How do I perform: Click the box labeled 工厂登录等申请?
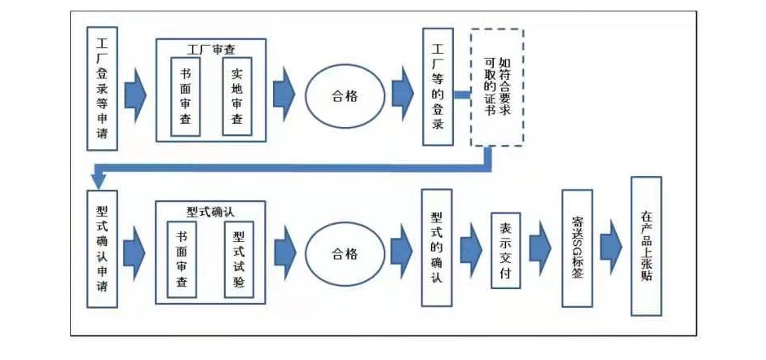pyautogui.click(x=102, y=89)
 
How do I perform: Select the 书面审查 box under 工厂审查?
pyautogui.click(x=185, y=97)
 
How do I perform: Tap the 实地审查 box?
pyautogui.click(x=237, y=96)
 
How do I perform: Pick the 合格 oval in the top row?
pyautogui.click(x=345, y=96)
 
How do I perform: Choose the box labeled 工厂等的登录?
pyautogui.click(x=438, y=86)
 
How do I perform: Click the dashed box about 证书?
pyautogui.click(x=497, y=87)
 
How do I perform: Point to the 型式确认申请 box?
pyautogui.click(x=102, y=248)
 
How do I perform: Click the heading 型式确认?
pyautogui.click(x=210, y=212)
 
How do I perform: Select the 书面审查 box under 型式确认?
pyautogui.click(x=182, y=259)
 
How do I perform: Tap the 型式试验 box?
pyautogui.click(x=239, y=259)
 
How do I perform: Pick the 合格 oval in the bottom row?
pyautogui.click(x=345, y=254)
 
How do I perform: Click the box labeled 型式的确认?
pyautogui.click(x=437, y=248)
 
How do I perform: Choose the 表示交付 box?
pyautogui.click(x=505, y=251)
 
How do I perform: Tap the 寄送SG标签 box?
pyautogui.click(x=577, y=248)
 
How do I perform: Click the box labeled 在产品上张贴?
pyautogui.click(x=646, y=246)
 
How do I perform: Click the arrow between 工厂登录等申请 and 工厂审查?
pyautogui.click(x=135, y=95)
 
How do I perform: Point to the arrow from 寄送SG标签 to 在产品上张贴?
pyautogui.click(x=611, y=248)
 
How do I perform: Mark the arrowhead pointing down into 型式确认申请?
pyautogui.click(x=99, y=182)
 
